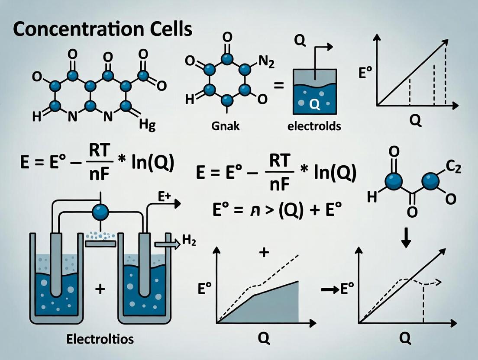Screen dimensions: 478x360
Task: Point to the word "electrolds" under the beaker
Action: (x=314, y=126)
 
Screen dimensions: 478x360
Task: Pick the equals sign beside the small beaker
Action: (x=279, y=86)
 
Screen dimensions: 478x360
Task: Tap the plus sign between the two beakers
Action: (x=100, y=289)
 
